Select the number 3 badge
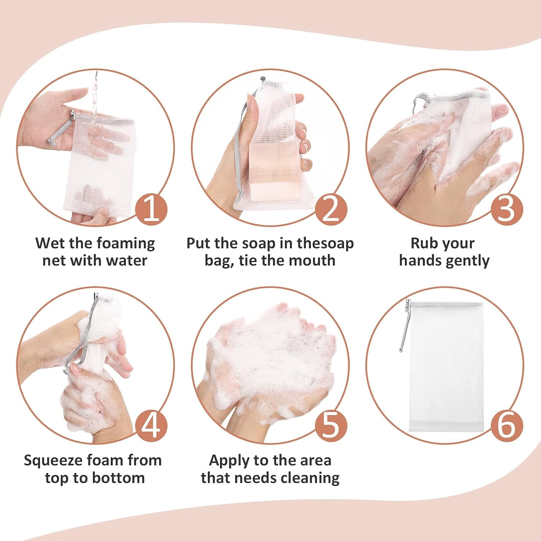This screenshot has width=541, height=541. (x=507, y=211)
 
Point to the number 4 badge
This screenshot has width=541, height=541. (x=151, y=426)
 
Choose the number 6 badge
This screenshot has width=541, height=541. (x=507, y=426)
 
